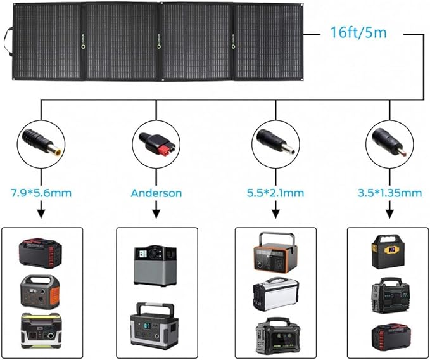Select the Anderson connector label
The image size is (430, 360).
click(x=156, y=193)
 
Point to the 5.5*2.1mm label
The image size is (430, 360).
click(x=274, y=193)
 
